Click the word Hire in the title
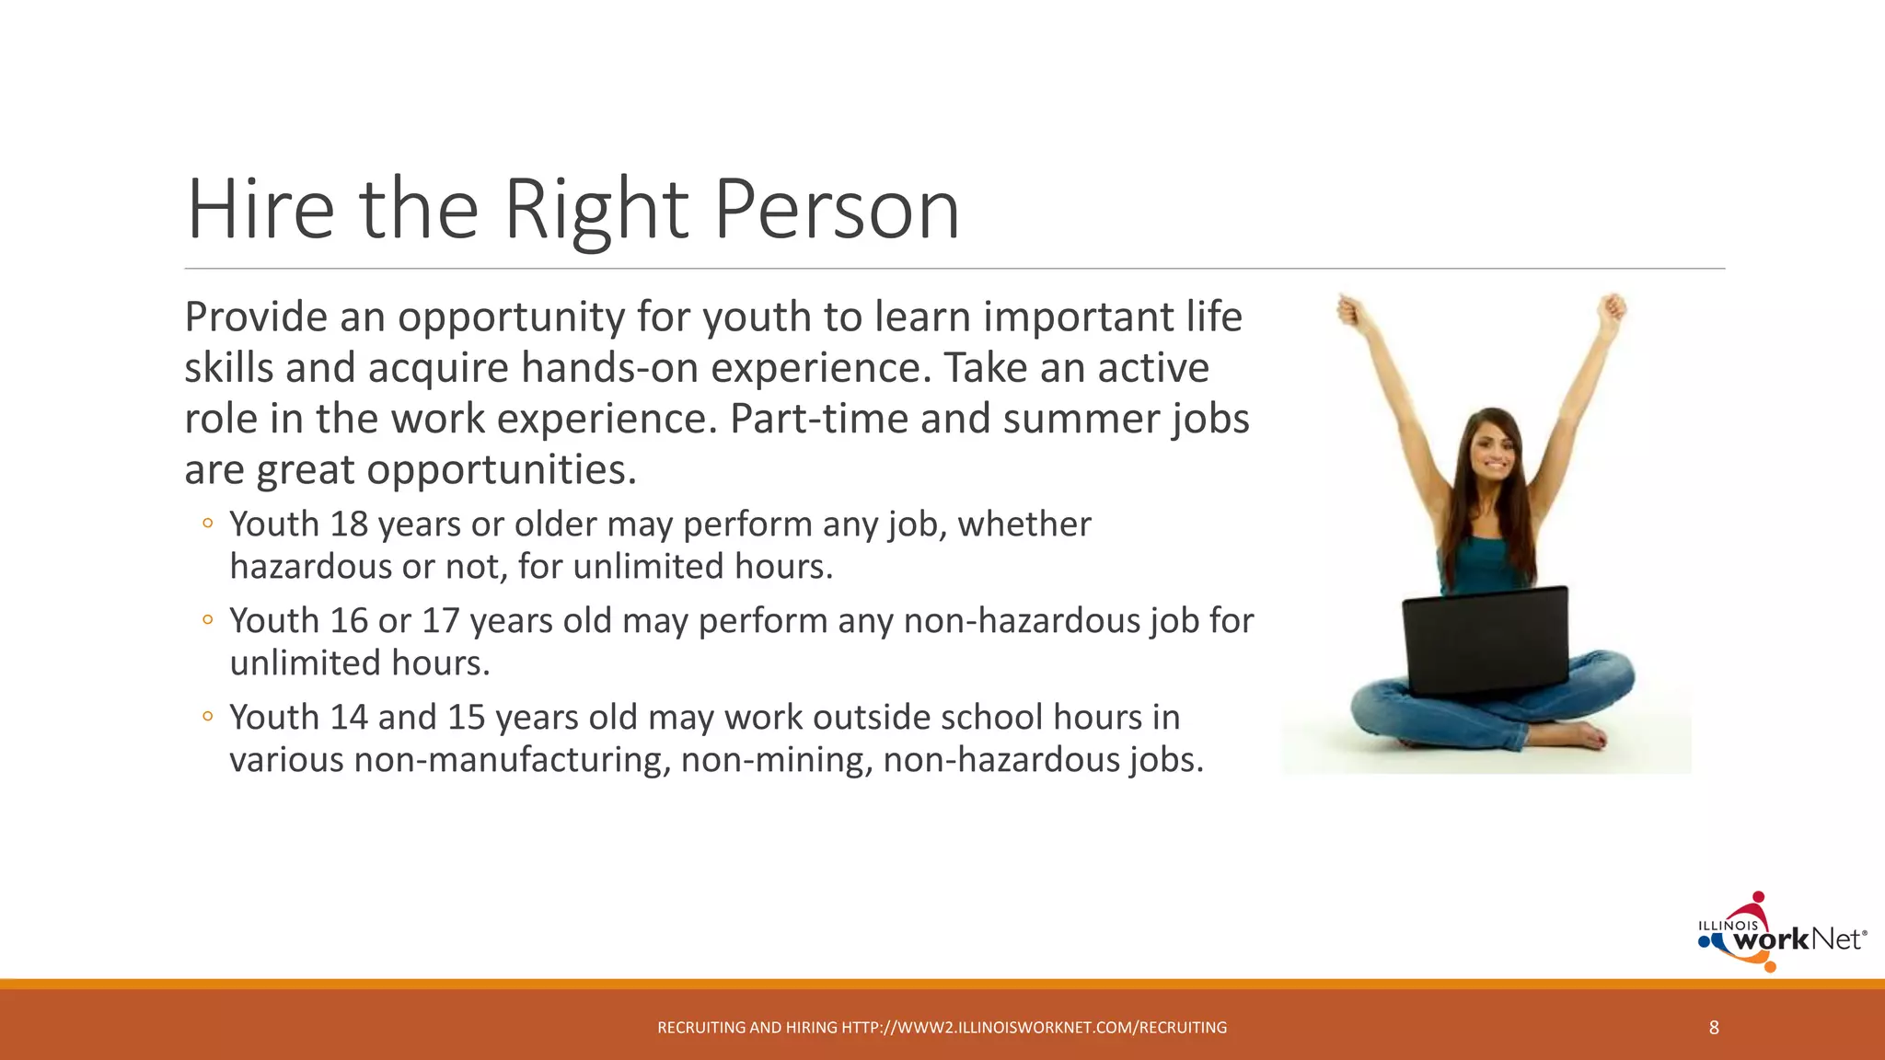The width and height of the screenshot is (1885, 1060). click(x=260, y=210)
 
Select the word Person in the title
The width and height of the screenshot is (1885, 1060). click(x=836, y=210)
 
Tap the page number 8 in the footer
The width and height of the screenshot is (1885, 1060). click(x=1714, y=1028)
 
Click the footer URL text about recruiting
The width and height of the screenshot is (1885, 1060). click(x=942, y=1028)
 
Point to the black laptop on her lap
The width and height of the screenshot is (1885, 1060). click(x=1486, y=640)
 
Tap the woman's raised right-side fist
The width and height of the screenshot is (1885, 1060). click(x=1612, y=307)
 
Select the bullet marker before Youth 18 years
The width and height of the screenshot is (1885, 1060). click(x=208, y=524)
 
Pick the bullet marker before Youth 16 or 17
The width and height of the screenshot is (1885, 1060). click(x=208, y=620)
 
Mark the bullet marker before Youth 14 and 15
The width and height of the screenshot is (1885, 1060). click(x=208, y=717)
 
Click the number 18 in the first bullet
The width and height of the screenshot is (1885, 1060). click(x=349, y=524)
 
